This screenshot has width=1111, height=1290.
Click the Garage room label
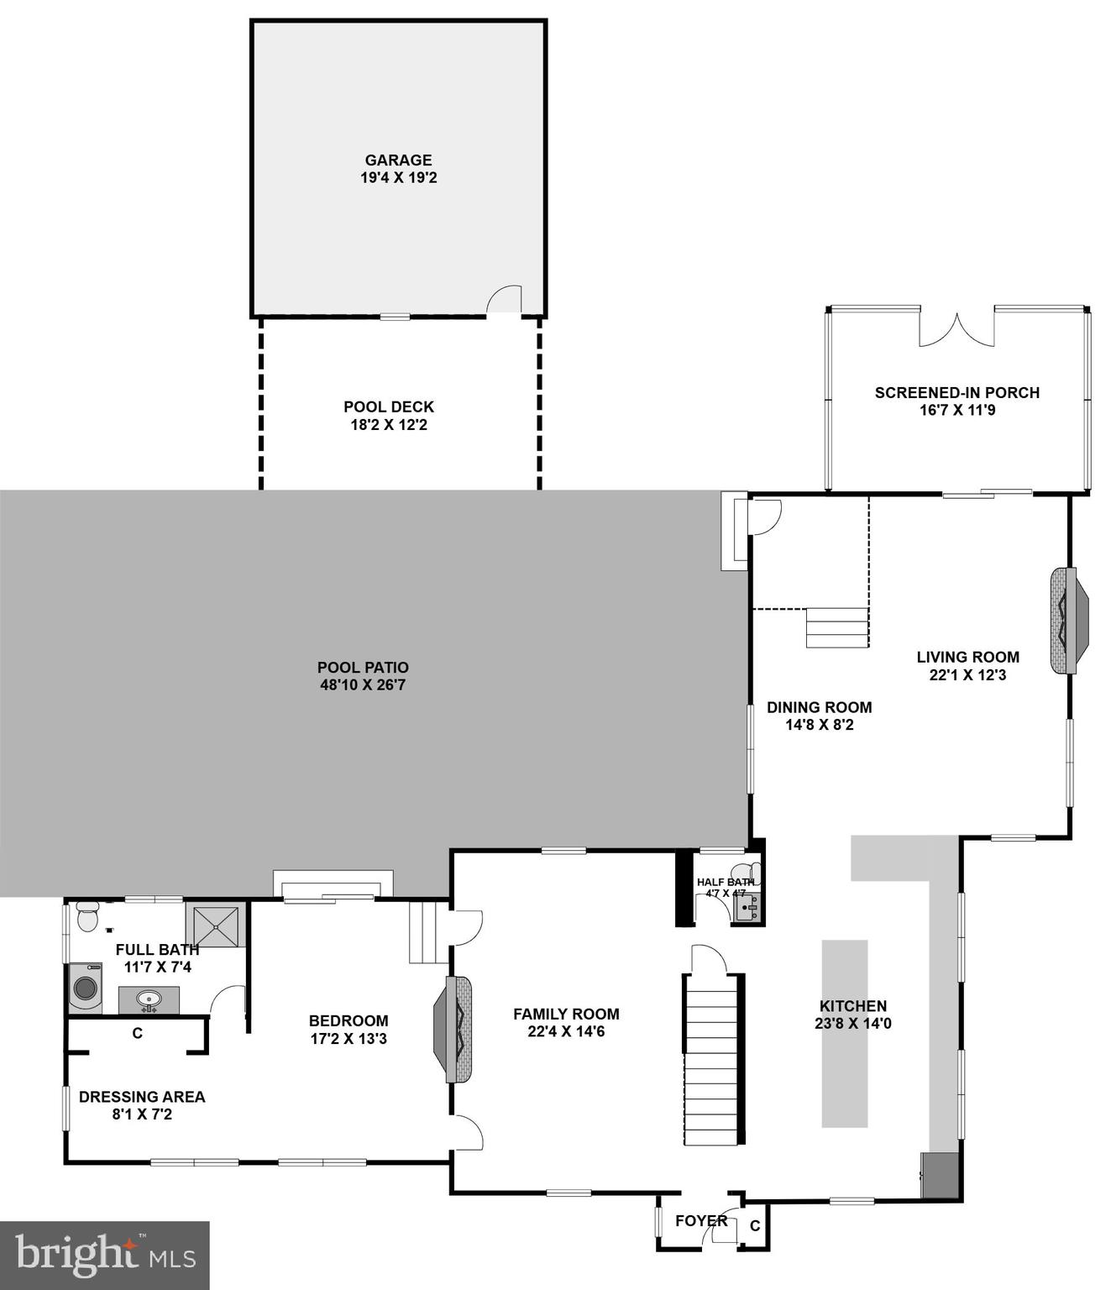(x=398, y=160)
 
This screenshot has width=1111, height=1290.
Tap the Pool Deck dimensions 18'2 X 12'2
(x=389, y=425)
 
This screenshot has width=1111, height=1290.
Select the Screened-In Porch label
(x=956, y=392)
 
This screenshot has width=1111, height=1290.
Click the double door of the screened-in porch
(x=956, y=329)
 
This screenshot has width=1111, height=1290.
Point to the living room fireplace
(x=1068, y=621)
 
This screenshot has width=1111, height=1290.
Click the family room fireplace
(x=453, y=1029)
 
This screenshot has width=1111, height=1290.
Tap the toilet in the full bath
(x=86, y=916)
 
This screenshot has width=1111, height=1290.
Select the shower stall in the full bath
(x=216, y=926)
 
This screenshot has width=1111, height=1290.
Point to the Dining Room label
(x=819, y=707)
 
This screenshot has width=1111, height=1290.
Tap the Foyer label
(x=701, y=1220)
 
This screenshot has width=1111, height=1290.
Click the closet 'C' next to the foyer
(x=755, y=1226)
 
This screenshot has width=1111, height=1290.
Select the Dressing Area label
(x=142, y=1097)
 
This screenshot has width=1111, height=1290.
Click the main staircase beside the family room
(x=712, y=1058)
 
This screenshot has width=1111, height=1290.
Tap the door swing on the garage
(x=505, y=300)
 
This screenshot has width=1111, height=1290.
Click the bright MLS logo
(x=104, y=1256)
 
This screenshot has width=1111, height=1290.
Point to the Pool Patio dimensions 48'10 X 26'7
(x=363, y=685)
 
